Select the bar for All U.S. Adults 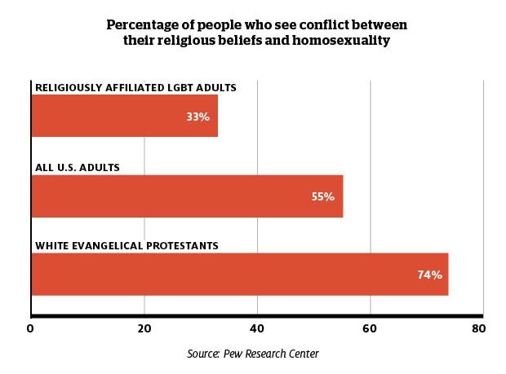point(187,196)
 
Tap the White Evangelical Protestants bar point(239,275)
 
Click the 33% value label point(198,117)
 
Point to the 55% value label point(323,196)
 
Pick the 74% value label point(429,275)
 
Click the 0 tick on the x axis point(30,329)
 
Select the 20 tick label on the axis point(144,329)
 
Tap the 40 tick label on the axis point(258,329)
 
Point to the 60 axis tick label point(371,329)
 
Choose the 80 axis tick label point(478,329)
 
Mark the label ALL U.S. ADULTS point(78,167)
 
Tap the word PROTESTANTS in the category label point(184,245)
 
